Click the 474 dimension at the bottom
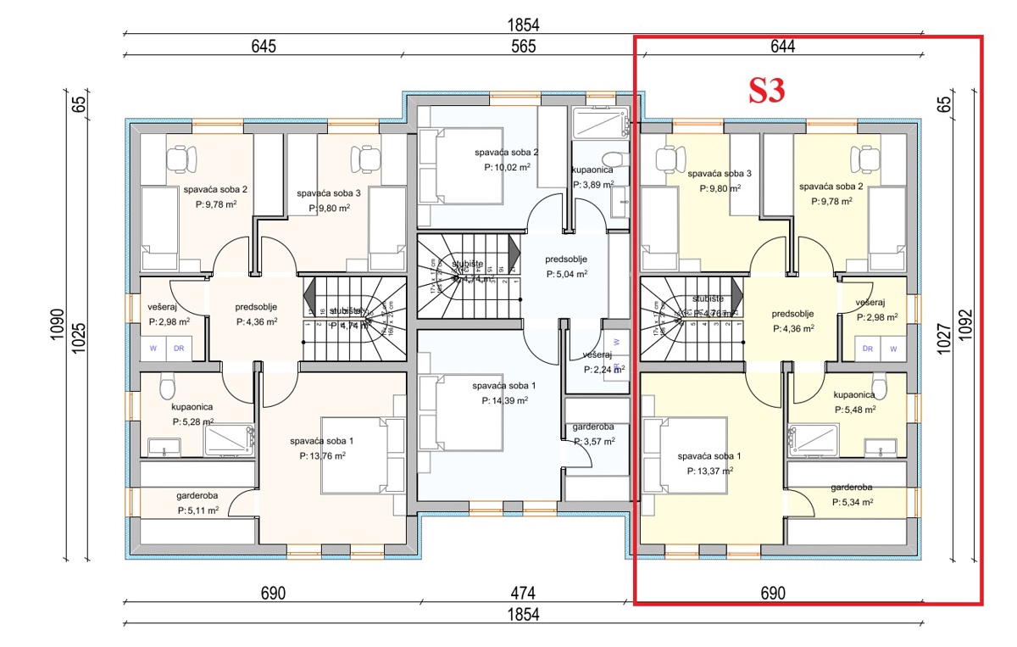(x=523, y=592)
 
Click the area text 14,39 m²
(x=505, y=400)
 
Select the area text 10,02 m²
(x=507, y=167)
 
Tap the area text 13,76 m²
(x=322, y=455)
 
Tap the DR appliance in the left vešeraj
(x=179, y=349)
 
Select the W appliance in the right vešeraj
(x=892, y=349)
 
